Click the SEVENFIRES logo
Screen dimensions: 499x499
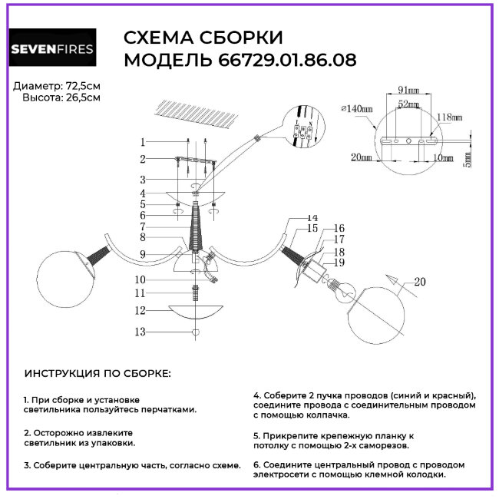51,51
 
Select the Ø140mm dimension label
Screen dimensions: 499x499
357,109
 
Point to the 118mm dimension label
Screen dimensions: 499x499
449,117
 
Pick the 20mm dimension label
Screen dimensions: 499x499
362,157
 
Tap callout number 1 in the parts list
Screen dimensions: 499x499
142,141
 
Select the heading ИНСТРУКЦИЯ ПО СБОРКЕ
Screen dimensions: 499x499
98,373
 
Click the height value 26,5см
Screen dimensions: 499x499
84,98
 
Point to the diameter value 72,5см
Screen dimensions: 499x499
84,85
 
